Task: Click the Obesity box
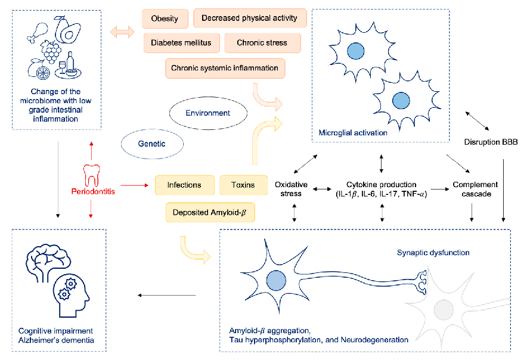coord(165,18)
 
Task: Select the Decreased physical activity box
coord(250,18)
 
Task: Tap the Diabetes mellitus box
coord(181,43)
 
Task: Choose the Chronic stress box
coord(262,43)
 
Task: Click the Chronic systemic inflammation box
coord(225,68)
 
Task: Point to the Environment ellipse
coord(207,113)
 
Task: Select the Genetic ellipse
coord(151,144)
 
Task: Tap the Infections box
coord(184,185)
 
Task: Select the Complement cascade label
coord(472,189)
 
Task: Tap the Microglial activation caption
coord(353,132)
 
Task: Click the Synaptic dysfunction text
coord(433,253)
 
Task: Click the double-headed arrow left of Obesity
coord(123,31)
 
